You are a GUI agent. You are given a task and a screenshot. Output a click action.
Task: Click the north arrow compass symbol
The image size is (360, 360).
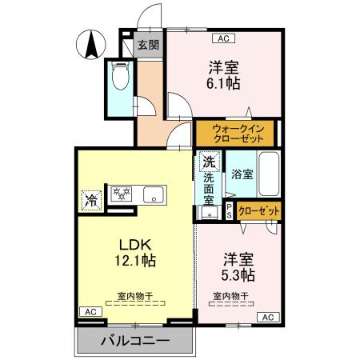(90, 42)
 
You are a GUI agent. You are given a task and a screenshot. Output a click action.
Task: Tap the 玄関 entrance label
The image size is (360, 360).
(147, 45)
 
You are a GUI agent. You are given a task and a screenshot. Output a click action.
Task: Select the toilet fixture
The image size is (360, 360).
(122, 78)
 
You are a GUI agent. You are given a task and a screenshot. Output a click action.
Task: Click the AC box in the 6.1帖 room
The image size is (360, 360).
(222, 38)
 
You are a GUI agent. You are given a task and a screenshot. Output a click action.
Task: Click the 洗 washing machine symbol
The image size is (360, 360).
(209, 160)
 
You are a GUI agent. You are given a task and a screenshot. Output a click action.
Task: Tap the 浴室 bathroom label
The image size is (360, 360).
(242, 174)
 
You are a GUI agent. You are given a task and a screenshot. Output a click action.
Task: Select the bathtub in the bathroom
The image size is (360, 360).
(266, 172)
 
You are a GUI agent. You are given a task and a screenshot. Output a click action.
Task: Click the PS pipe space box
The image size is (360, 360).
(230, 210)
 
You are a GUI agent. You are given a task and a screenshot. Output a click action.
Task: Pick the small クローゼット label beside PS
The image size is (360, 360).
(259, 210)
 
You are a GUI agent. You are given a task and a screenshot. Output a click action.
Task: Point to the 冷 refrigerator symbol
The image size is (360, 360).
(91, 198)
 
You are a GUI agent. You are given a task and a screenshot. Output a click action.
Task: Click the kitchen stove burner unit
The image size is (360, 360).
(122, 194)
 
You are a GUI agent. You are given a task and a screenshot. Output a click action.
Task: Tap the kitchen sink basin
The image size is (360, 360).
(153, 194)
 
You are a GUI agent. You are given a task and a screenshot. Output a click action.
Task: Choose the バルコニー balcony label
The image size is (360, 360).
(135, 341)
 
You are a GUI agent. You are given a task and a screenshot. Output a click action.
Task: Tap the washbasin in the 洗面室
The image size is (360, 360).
(210, 212)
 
